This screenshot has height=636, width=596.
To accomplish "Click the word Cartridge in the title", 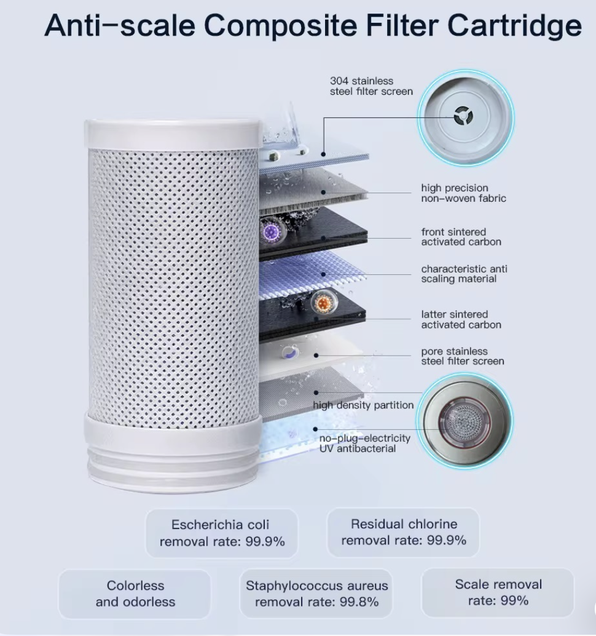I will (514, 26).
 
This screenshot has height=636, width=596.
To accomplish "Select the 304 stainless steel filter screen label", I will (361, 86).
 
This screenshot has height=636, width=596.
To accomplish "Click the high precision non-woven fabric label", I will (463, 193).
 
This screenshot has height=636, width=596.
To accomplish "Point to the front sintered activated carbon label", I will (461, 237).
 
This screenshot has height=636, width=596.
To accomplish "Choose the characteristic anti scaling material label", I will (464, 274).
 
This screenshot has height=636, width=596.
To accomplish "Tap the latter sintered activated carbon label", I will (461, 320).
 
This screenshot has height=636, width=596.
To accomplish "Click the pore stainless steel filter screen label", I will (462, 356).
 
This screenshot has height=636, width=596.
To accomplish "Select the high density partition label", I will (363, 405).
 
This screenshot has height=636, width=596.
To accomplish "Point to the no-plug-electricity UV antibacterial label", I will (364, 443).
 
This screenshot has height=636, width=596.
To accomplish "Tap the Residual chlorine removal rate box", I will (404, 533).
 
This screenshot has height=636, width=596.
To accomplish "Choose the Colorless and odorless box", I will (135, 594).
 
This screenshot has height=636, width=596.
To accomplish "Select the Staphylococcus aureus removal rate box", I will (316, 594).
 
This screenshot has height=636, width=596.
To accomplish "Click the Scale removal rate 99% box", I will (498, 592).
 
